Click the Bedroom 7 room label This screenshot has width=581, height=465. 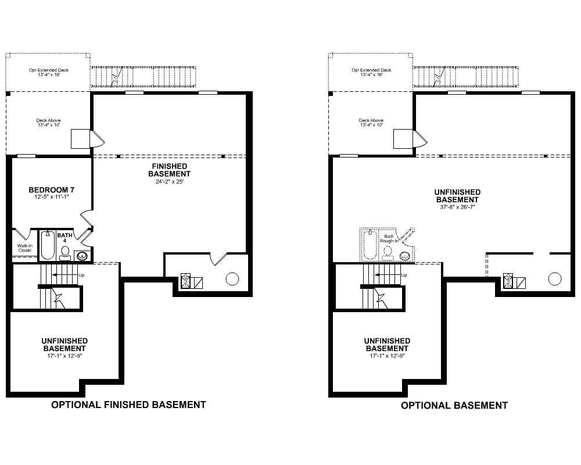(52, 190)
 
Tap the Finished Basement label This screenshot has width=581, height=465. (169, 170)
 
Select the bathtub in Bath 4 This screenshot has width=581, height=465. (48, 245)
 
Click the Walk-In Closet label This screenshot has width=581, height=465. (25, 248)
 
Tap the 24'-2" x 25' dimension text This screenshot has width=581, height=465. (169, 182)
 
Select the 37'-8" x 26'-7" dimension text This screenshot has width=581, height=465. (457, 207)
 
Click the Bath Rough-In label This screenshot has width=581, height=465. (389, 238)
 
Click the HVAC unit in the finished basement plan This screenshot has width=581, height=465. (185, 281)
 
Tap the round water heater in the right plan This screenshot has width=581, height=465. (555, 279)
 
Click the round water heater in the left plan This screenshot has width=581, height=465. (232, 279)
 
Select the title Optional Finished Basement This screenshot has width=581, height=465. (128, 405)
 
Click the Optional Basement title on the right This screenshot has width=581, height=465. (454, 405)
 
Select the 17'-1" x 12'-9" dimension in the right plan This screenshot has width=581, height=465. (387, 356)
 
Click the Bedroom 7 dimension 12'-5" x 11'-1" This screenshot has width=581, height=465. (52, 197)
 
